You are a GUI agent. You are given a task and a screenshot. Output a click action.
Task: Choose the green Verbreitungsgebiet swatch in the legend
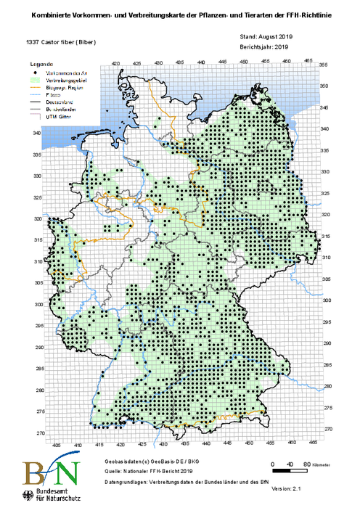[x=36, y=81]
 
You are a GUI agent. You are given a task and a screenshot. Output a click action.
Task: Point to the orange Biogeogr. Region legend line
[x=36, y=88]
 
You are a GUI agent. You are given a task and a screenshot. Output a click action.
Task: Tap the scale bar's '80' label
[x=308, y=463]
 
